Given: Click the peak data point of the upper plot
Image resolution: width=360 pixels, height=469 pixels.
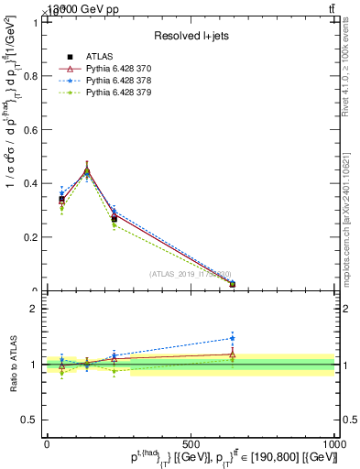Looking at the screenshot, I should point(87,170).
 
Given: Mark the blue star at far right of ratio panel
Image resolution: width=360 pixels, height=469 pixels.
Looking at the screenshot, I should point(232,338).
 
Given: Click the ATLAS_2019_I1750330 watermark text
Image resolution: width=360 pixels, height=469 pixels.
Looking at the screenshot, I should point(191,274).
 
